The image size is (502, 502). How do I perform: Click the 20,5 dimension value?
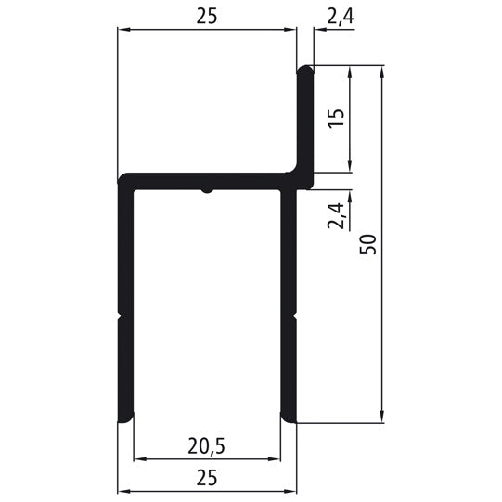(x=207, y=445)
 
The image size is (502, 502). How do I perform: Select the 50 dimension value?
(x=370, y=244)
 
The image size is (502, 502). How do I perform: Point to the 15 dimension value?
(x=337, y=118)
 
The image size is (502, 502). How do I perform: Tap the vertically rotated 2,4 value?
(x=337, y=214)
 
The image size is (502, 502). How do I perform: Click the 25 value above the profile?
(x=207, y=19)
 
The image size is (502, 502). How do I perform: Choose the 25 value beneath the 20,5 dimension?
(x=207, y=477)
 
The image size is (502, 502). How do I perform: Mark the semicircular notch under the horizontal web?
(x=206, y=192)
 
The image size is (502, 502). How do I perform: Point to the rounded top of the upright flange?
(x=305, y=68)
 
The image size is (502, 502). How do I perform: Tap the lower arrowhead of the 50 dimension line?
(x=381, y=418)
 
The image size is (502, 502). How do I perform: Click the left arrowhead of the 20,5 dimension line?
(x=139, y=458)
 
